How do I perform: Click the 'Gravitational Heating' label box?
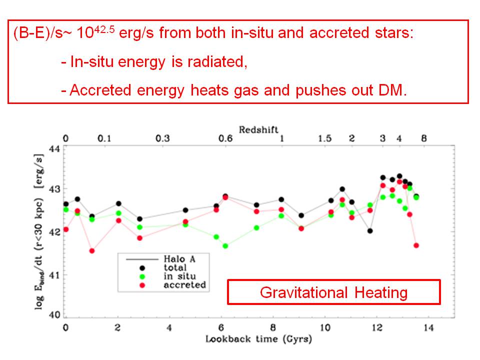point(333,292)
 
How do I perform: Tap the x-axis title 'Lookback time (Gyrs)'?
point(258,339)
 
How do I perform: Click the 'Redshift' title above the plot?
point(258,129)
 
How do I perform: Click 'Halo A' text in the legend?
point(178,259)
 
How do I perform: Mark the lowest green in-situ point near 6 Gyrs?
point(225,246)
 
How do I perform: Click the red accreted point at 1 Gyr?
point(92,251)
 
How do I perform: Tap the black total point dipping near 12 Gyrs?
point(369,231)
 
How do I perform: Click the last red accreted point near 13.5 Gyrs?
point(416,245)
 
